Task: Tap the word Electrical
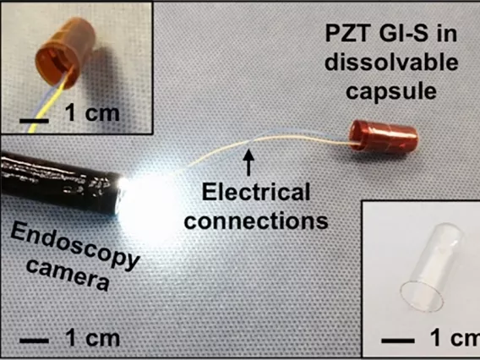pyautogui.click(x=256, y=193)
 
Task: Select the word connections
pyautogui.click(x=256, y=221)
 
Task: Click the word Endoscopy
pyautogui.click(x=75, y=247)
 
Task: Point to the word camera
pyautogui.click(x=68, y=275)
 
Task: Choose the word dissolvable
pyautogui.click(x=391, y=63)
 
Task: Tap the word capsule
pyautogui.click(x=391, y=90)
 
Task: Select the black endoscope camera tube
pyautogui.click(x=61, y=184)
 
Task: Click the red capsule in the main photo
pyautogui.click(x=384, y=137)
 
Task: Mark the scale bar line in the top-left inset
pyautogui.click(x=34, y=121)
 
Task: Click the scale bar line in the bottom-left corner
pyautogui.click(x=34, y=341)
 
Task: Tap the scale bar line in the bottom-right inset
pyautogui.click(x=398, y=341)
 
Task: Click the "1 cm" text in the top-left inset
pyautogui.click(x=92, y=113)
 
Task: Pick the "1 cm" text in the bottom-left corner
pyautogui.click(x=92, y=338)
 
